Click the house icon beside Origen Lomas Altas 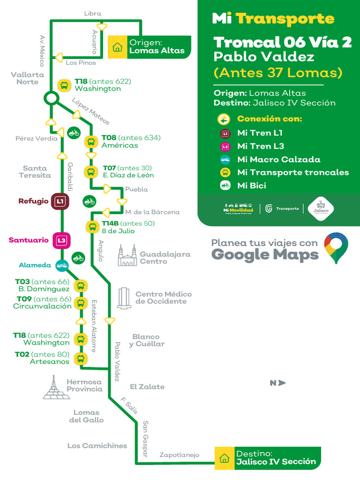click(117, 47)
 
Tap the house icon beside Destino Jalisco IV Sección click(224, 458)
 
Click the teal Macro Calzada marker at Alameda click(61, 266)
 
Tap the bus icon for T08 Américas click(90, 142)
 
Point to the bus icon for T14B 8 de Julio click(91, 227)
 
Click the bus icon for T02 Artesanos click(81, 359)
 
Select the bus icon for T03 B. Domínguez click(81, 285)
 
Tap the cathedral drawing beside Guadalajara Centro click(127, 255)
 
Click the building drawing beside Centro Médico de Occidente click(124, 298)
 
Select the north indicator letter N click(273, 383)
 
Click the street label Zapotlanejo click(180, 455)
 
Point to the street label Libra click(92, 14)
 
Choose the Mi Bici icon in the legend click(225, 186)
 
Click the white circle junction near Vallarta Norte click(51, 98)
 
